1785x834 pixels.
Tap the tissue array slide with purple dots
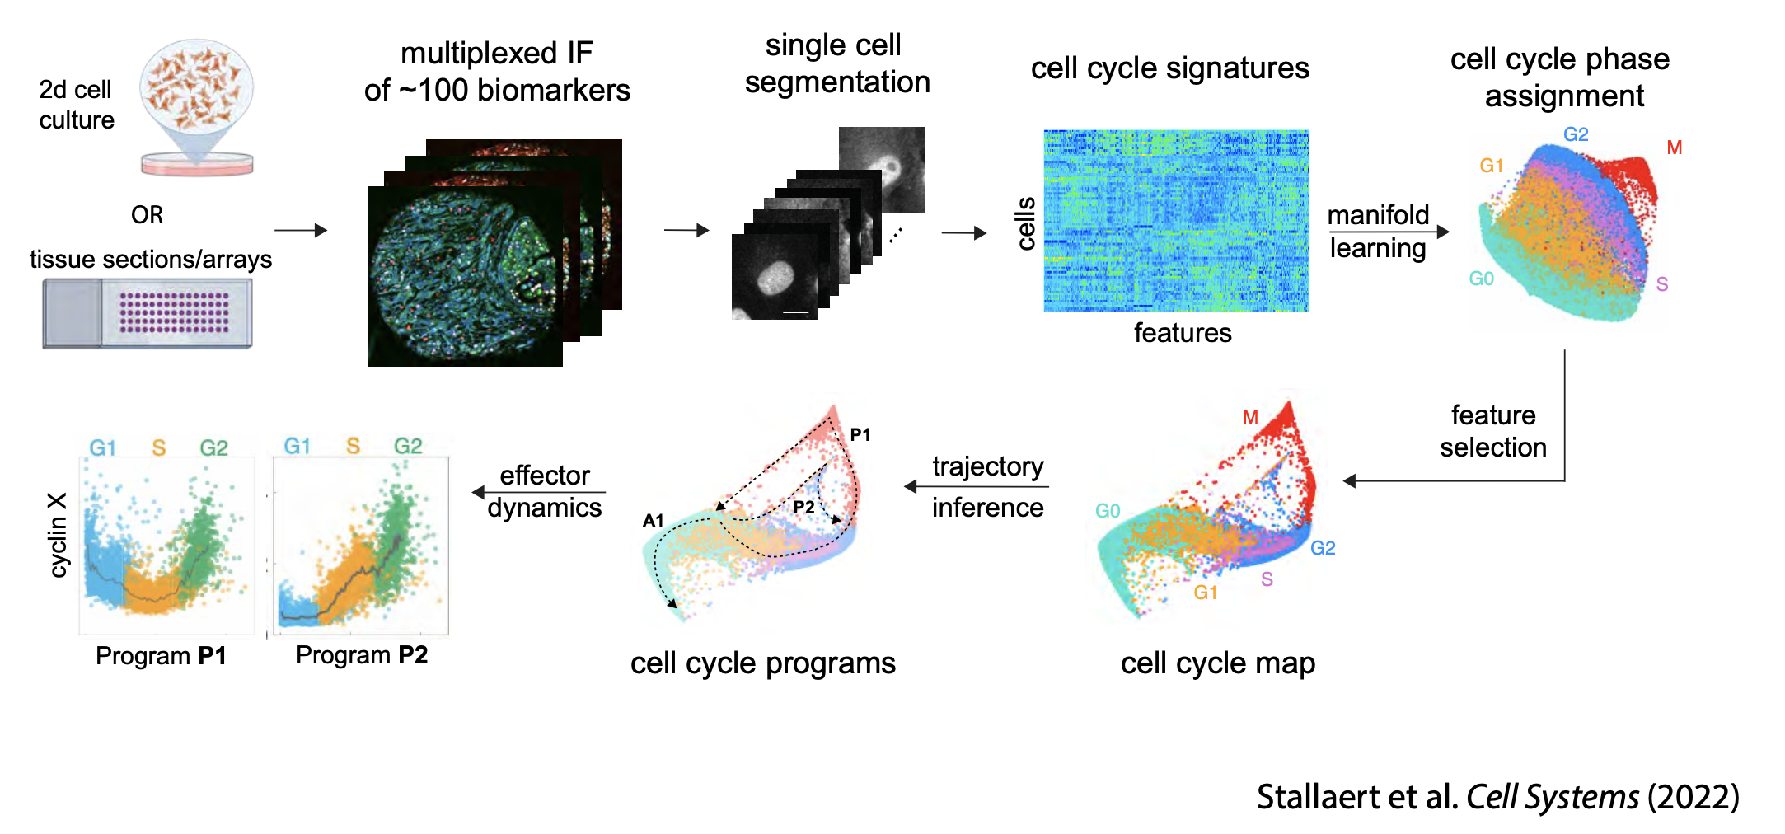(148, 313)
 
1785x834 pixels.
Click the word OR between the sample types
(147, 215)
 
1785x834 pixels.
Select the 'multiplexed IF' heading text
(496, 54)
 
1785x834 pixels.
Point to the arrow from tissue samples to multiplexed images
(300, 231)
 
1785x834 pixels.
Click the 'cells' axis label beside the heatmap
(1026, 223)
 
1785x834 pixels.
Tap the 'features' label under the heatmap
(1182, 333)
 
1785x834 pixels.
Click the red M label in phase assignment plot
(1674, 148)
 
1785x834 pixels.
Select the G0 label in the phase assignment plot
(1481, 279)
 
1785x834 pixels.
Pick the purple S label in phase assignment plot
(1662, 284)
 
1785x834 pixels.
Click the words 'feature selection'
(1492, 431)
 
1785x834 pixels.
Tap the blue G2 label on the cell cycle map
(1323, 548)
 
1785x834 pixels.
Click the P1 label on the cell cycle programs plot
(860, 434)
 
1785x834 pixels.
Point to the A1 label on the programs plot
(653, 520)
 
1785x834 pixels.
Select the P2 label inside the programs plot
(803, 508)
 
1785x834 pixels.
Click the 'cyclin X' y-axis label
(57, 535)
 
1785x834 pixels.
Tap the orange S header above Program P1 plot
(158, 447)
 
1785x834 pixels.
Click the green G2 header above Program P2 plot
(408, 446)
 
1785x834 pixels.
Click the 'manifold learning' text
(1378, 232)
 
